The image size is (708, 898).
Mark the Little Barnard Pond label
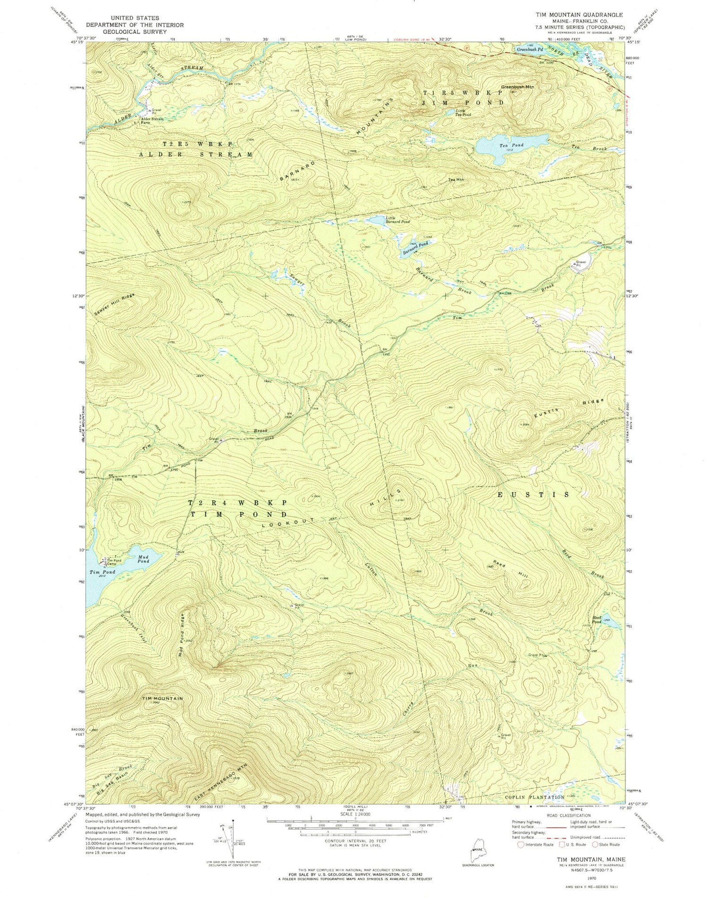pos(397,219)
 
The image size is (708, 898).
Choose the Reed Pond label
pos(597,620)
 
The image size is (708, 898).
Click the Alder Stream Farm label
pos(152,121)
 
